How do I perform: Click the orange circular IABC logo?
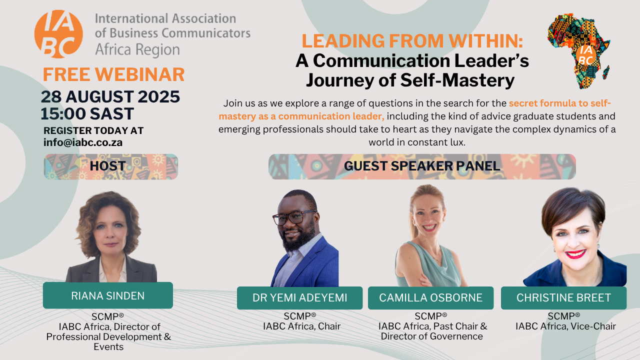pyautogui.click(x=58, y=34)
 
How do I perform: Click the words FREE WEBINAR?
pyautogui.click(x=113, y=74)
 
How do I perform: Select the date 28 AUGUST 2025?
pyautogui.click(x=110, y=96)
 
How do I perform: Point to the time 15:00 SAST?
pyautogui.click(x=87, y=113)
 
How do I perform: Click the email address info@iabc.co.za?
pyautogui.click(x=83, y=142)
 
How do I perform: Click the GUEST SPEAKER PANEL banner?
pyautogui.click(x=422, y=166)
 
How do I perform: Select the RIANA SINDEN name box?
pyautogui.click(x=108, y=295)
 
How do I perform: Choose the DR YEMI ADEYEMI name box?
pyautogui.click(x=299, y=297)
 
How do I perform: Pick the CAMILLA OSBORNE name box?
pyautogui.click(x=430, y=297)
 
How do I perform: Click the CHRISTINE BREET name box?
pyautogui.click(x=563, y=297)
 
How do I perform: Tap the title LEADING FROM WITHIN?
pyautogui.click(x=412, y=41)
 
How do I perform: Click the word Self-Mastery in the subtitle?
pyautogui.click(x=457, y=80)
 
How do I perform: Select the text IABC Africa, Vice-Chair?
pyautogui.click(x=565, y=326)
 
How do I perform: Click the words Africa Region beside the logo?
pyautogui.click(x=137, y=49)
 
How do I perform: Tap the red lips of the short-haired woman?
pyautogui.click(x=575, y=253)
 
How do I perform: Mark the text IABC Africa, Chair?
pyautogui.click(x=301, y=326)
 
